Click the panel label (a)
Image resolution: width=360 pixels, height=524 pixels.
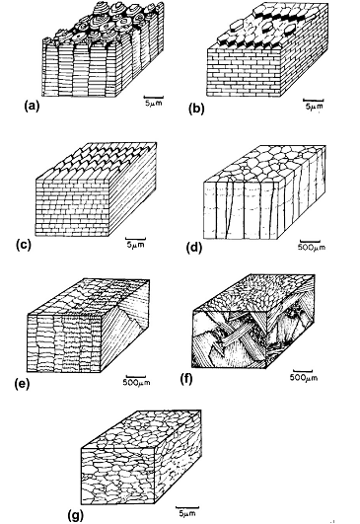[x=32, y=107]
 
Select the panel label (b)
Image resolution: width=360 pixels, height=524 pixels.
[x=196, y=110]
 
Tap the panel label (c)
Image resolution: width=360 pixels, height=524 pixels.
[x=24, y=245]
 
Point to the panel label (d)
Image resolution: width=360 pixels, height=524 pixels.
[x=194, y=248]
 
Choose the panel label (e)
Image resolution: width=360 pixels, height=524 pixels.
[x=22, y=384]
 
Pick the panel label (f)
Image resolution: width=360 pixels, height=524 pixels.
[x=186, y=379]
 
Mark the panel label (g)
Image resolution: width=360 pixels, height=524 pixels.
[x=76, y=515]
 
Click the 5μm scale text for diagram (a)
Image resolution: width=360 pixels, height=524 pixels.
[x=153, y=103]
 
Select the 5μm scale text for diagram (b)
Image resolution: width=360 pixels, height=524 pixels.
[x=315, y=107]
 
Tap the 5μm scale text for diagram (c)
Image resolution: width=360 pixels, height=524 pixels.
[x=136, y=245]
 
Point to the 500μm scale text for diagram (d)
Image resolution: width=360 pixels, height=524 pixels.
[x=312, y=248]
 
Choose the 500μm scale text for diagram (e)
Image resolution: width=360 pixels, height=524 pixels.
[x=136, y=382]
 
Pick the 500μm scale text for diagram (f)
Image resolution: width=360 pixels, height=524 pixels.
[x=303, y=378]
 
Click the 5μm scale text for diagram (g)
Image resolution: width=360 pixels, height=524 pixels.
[x=187, y=513]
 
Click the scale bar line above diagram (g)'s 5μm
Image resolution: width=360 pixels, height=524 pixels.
[x=187, y=507]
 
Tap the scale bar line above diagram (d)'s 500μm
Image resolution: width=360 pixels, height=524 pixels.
[x=310, y=242]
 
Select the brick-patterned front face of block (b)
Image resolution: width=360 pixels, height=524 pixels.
[x=244, y=72]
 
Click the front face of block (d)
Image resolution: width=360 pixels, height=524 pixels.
[x=241, y=210]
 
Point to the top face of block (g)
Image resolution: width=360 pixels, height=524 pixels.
[x=141, y=429]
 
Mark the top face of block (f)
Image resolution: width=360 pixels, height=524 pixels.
[x=254, y=292]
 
